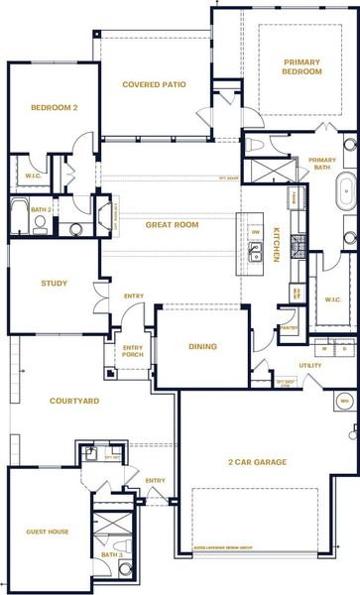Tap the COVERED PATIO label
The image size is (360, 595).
point(154,84)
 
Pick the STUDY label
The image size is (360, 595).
point(54,284)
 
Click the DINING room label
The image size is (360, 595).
point(201,346)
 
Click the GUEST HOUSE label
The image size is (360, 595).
point(47,532)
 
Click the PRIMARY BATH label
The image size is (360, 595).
point(322,165)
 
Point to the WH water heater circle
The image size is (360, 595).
point(344,401)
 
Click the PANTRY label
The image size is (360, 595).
point(290,327)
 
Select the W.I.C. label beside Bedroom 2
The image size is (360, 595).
point(32,178)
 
